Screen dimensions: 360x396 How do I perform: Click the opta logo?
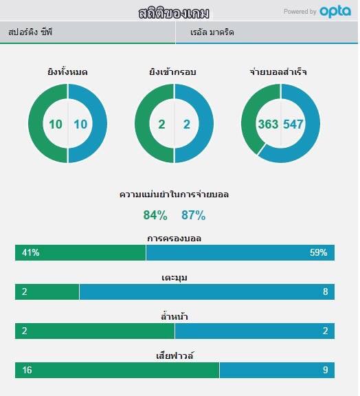pos(335,12)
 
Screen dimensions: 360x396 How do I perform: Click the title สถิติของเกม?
pos(174,13)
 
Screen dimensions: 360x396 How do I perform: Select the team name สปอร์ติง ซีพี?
pos(30,32)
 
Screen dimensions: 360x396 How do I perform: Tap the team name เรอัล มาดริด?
pos(212,32)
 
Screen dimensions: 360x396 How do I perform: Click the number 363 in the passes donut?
pos(268,124)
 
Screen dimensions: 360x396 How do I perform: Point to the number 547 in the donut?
pos(293,124)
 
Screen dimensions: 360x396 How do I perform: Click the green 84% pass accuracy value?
pos(155,215)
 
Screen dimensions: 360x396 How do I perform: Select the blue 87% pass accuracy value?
pos(193,215)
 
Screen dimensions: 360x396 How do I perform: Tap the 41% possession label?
pos(30,252)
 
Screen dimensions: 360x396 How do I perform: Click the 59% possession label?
pos(319,252)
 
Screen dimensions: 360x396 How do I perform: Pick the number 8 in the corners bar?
pos(326,291)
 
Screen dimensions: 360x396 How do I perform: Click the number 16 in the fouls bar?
pos(27,370)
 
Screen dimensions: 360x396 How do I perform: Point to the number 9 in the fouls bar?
pos(326,370)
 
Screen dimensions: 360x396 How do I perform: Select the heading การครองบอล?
pos(175,239)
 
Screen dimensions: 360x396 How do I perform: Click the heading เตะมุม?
pos(175,278)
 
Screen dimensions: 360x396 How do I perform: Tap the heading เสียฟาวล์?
pos(175,355)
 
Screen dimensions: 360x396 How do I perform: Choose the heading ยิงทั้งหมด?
pos(67,71)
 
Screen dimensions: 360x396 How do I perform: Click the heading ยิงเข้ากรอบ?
pos(172,72)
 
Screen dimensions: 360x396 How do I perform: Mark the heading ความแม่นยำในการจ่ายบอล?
pos(175,195)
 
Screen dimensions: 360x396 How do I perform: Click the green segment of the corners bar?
pos(47,291)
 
